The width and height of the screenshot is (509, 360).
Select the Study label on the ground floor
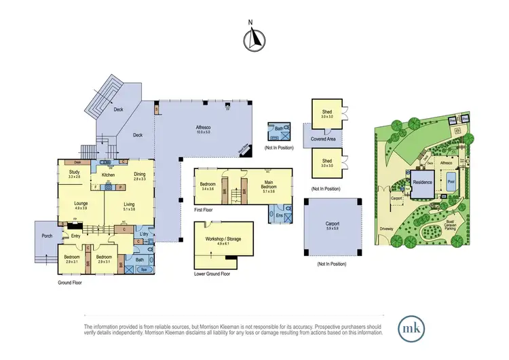(x=74, y=174)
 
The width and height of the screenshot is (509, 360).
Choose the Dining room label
(x=139, y=175)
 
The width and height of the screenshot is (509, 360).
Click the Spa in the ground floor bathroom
(x=143, y=270)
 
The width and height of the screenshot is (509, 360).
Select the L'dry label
(x=143, y=235)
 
